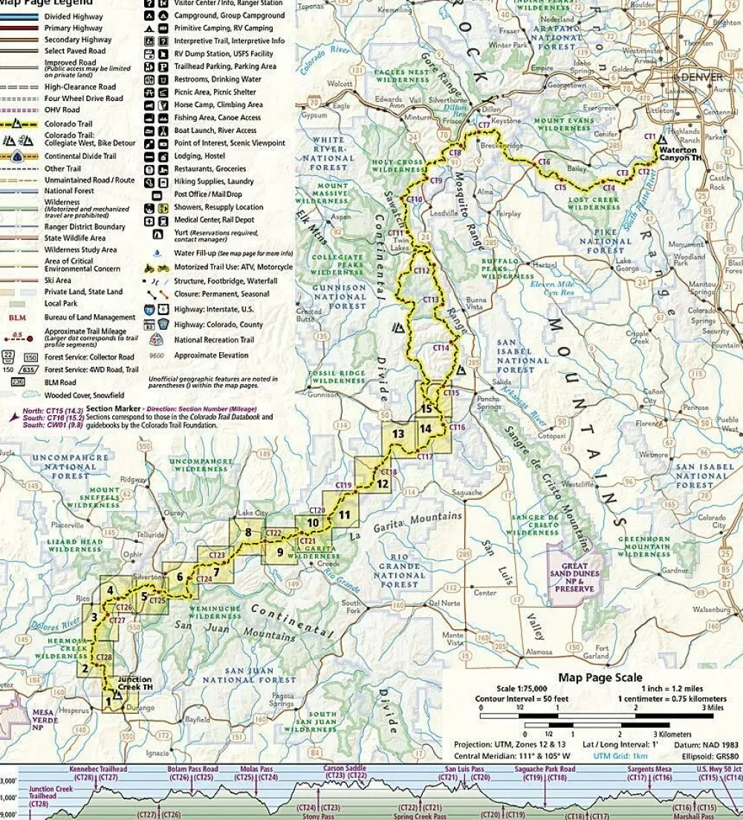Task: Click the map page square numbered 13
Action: click(x=398, y=434)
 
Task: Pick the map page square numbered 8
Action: click(x=247, y=531)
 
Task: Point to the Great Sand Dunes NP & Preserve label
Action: click(x=573, y=579)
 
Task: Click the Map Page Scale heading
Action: click(x=600, y=677)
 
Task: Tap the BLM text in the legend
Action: click(x=17, y=317)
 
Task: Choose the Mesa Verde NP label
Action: click(x=43, y=717)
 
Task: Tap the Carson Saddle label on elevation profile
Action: click(x=345, y=768)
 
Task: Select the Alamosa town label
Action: click(x=538, y=651)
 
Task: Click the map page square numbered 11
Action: click(x=343, y=514)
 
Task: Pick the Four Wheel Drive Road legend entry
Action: click(x=83, y=98)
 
